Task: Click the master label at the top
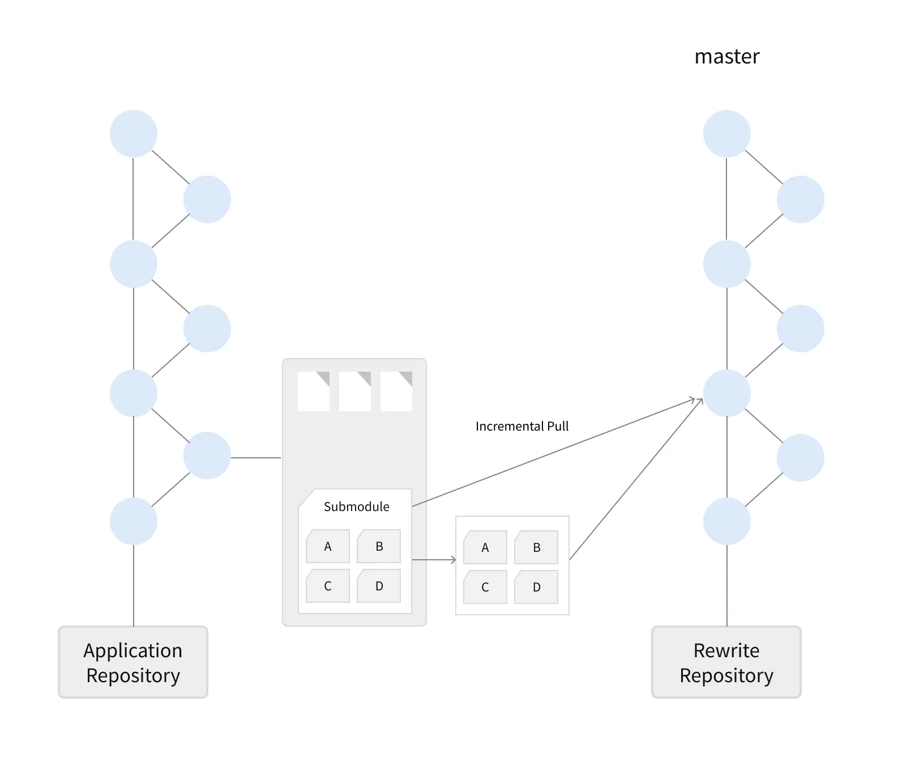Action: (x=726, y=57)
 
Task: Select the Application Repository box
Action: (x=133, y=662)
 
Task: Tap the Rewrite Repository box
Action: (x=726, y=662)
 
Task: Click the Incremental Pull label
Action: (x=521, y=426)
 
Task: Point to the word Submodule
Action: (x=356, y=507)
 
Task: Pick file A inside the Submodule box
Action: (x=328, y=546)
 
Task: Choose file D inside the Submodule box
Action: (x=379, y=586)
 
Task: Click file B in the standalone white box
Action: (x=536, y=547)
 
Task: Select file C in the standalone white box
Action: (x=485, y=587)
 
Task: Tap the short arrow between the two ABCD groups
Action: (x=434, y=560)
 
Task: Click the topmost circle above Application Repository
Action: (x=134, y=134)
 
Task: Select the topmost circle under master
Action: (x=726, y=134)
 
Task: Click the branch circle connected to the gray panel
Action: (x=207, y=456)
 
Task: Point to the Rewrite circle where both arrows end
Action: (x=726, y=393)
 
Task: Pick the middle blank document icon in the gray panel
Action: (x=355, y=391)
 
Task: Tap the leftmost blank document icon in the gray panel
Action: (x=314, y=391)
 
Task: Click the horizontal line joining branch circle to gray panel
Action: (x=256, y=457)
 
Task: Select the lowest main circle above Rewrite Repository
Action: (x=726, y=521)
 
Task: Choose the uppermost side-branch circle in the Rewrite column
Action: (x=800, y=199)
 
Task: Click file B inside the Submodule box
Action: (x=379, y=546)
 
